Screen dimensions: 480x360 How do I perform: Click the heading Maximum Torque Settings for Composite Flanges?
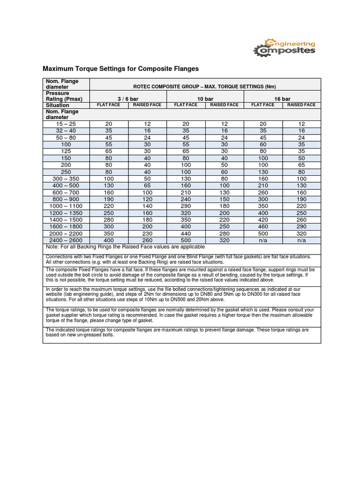click(x=121, y=69)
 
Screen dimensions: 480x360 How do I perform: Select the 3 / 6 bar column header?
click(x=127, y=99)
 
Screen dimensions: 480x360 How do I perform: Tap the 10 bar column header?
click(x=205, y=99)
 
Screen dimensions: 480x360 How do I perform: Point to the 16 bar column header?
click(x=282, y=99)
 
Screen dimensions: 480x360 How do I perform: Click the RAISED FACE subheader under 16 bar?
click(x=301, y=105)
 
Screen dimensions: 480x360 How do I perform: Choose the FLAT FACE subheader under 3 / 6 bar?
click(x=108, y=105)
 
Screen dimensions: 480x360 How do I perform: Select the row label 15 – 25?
click(x=66, y=124)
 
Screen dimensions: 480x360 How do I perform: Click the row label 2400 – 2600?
click(x=66, y=240)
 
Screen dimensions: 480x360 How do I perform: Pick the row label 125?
click(x=66, y=151)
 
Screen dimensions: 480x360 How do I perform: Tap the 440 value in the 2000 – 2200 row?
click(x=186, y=233)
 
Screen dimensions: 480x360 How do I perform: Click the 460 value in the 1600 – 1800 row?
click(x=263, y=226)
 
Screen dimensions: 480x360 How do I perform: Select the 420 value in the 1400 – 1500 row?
click(x=263, y=219)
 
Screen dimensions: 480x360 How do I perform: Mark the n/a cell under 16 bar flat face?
click(x=263, y=240)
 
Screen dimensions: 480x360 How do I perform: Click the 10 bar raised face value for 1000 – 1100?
click(x=225, y=206)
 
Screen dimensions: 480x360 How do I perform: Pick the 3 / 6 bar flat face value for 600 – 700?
click(x=108, y=192)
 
